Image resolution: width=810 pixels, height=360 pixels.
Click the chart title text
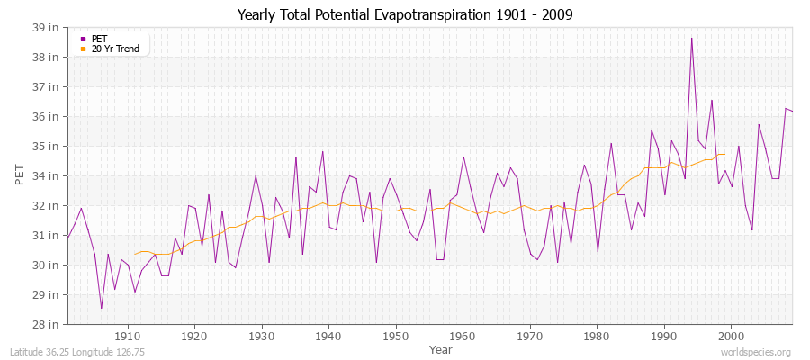click(x=404, y=14)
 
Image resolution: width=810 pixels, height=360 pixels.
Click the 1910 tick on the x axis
click(x=128, y=336)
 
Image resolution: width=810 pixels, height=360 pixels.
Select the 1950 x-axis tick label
click(x=395, y=336)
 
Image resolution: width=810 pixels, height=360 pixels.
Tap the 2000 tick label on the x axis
click(x=730, y=336)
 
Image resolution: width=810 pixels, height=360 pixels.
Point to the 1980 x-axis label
click(x=596, y=336)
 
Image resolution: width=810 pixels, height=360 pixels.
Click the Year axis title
click(x=441, y=349)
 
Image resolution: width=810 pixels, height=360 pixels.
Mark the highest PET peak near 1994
click(x=691, y=38)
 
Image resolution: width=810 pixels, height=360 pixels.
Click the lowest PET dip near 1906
click(x=101, y=309)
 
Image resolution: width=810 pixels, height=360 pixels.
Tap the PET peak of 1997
click(x=711, y=100)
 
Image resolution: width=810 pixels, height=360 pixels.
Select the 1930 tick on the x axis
click(x=262, y=336)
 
